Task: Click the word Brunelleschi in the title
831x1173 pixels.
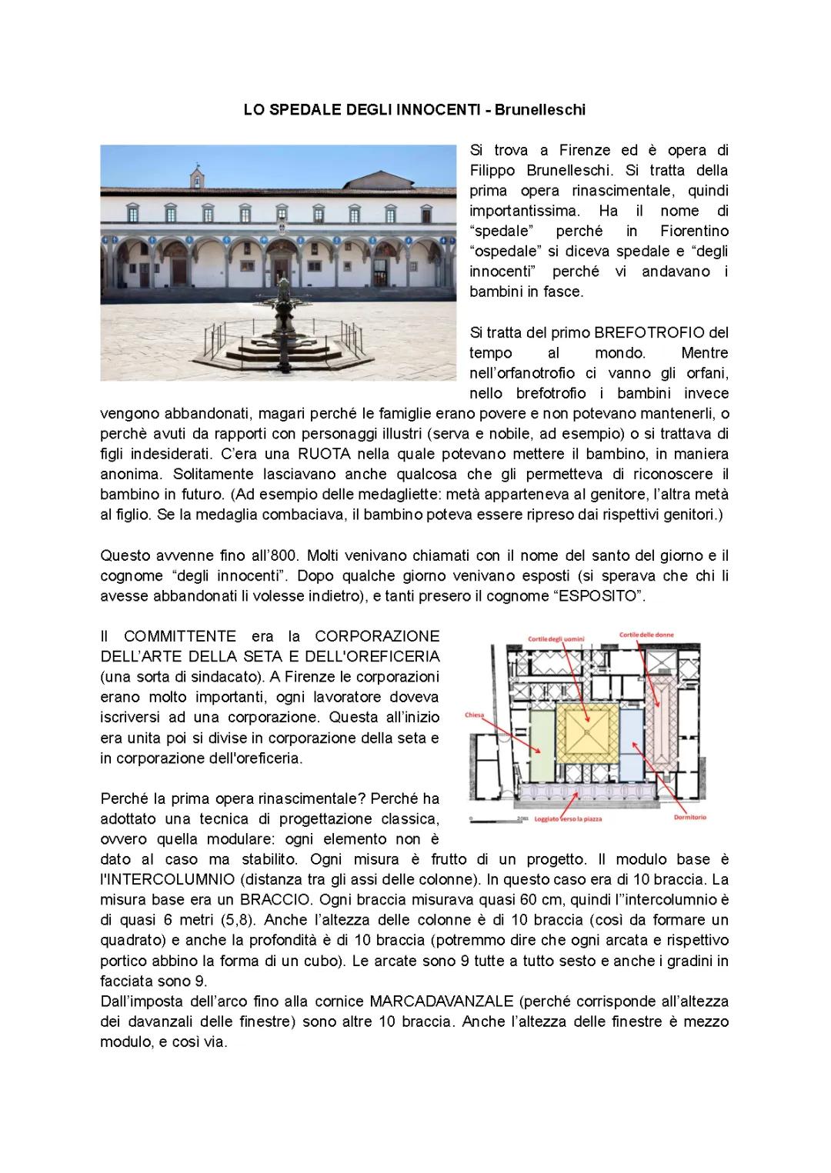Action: pyautogui.click(x=539, y=110)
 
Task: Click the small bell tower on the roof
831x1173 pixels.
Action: pyautogui.click(x=198, y=175)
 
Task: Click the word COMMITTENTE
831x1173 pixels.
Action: pyautogui.click(x=180, y=636)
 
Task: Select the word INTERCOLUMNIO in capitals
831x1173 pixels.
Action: pyautogui.click(x=159, y=879)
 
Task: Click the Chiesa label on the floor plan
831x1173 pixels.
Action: pyautogui.click(x=474, y=715)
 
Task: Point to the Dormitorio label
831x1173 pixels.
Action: pyautogui.click(x=689, y=818)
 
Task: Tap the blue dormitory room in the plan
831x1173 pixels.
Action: pyautogui.click(x=630, y=735)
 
